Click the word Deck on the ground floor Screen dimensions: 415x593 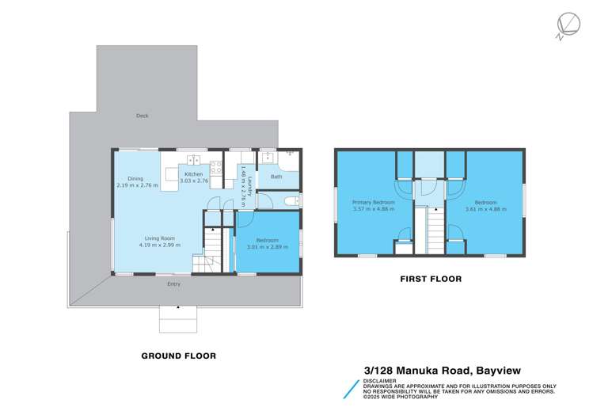click(143, 116)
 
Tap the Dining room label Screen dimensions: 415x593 click(130, 179)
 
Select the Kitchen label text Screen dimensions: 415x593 click(194, 174)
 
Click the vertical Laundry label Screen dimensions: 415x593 click(249, 181)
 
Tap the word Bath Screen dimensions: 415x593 click(276, 177)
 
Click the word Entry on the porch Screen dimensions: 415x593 click(173, 284)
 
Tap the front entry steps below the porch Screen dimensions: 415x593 click(178, 318)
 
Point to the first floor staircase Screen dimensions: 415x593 click(433, 230)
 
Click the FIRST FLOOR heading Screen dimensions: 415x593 click(430, 279)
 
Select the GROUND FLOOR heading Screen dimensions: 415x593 click(178, 356)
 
